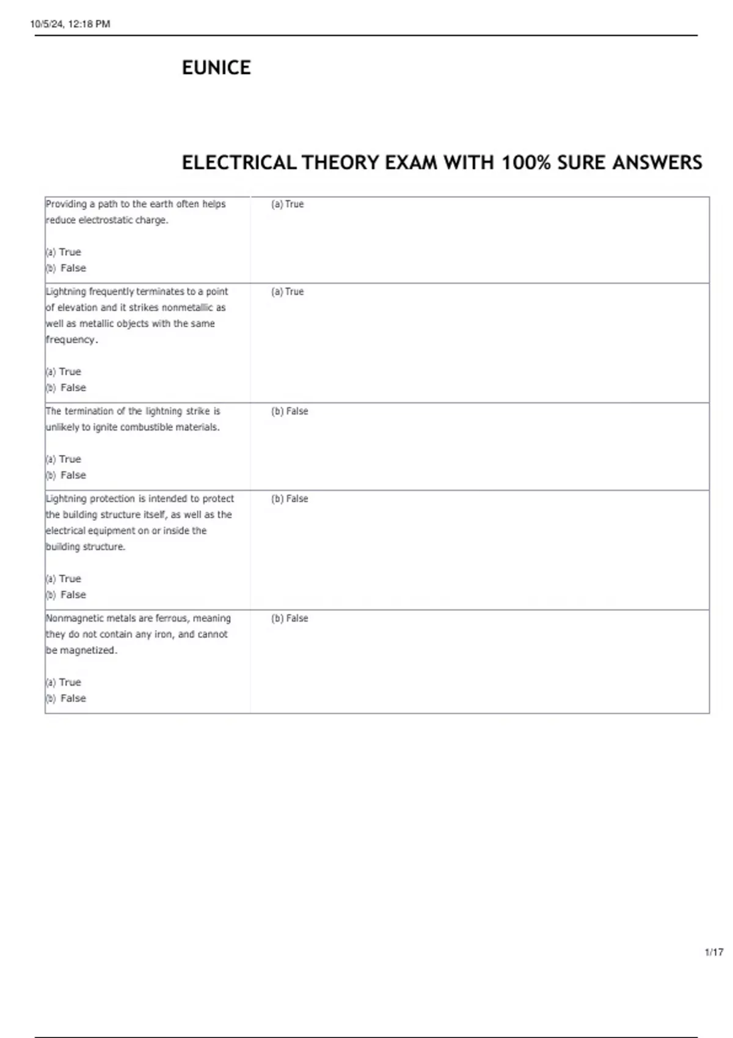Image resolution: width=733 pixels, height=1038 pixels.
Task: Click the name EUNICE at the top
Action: pos(216,67)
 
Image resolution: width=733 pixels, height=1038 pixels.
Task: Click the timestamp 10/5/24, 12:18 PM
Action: pos(70,24)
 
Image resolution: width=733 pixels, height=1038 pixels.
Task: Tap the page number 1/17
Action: pos(714,952)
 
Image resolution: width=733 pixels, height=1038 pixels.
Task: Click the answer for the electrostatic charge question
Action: pos(287,205)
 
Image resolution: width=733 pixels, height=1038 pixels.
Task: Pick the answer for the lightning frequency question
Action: pos(287,292)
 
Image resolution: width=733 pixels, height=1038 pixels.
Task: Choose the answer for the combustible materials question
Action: pos(290,412)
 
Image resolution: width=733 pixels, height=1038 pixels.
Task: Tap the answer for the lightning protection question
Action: pos(290,499)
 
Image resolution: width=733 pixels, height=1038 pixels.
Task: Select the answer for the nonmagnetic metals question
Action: pos(290,619)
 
